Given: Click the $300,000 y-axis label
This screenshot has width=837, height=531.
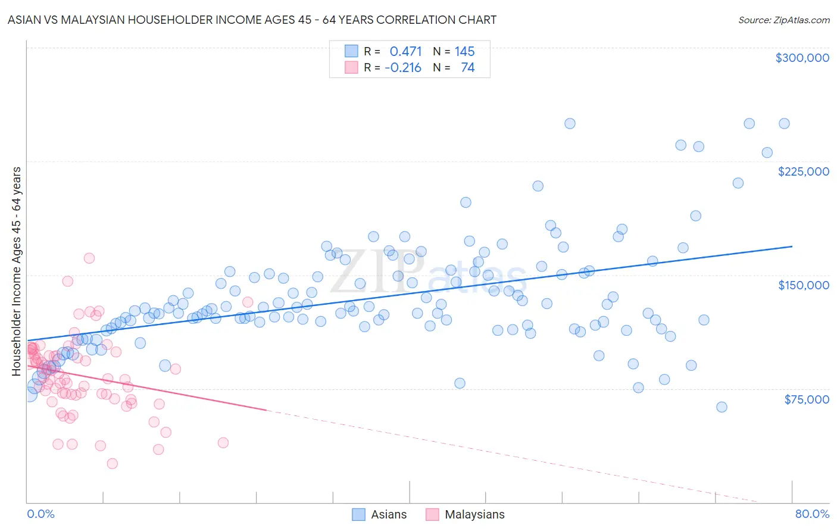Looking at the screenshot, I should coord(802,58).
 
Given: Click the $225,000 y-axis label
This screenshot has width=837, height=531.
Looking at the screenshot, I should coord(803,171).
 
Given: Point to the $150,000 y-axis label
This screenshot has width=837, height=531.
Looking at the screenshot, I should coord(803,285).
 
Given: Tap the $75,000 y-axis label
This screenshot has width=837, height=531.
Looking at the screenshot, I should coord(806,399).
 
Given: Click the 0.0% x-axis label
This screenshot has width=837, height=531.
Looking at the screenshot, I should coord(40,514).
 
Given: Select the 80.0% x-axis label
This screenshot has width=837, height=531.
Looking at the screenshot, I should coord(812,514).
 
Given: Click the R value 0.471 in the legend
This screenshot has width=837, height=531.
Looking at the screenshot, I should coord(405,51).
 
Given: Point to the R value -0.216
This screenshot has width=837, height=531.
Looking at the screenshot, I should coord(403,67).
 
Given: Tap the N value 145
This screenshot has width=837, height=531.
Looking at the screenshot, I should coord(464,51).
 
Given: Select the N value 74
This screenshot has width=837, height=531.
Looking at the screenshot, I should coord(467,67).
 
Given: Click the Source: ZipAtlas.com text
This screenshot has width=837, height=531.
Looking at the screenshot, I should coord(783,20).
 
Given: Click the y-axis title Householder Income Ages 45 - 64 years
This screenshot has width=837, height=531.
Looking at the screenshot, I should coord(16,271).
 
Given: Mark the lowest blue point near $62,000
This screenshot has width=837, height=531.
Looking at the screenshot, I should coord(722,407).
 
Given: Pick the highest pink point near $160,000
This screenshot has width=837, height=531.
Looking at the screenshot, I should coord(89,258).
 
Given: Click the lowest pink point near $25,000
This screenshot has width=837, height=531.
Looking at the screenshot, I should coord(112,464).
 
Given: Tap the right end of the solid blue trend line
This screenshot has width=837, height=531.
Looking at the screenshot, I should coord(792,246).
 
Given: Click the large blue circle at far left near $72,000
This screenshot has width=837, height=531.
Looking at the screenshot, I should coord(29,393).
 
